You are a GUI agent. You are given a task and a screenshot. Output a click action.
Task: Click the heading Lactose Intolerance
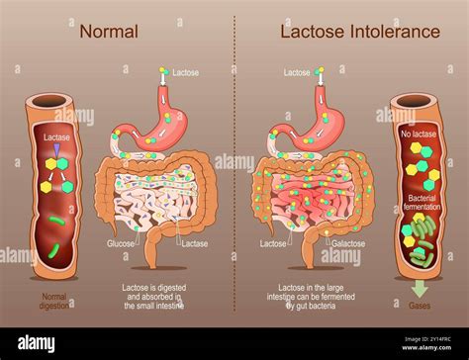(x=359, y=32)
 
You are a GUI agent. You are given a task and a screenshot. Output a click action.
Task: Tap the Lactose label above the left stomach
(x=185, y=72)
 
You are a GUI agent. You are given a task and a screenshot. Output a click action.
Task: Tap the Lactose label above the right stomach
(x=297, y=72)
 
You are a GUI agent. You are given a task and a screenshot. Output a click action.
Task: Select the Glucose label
(x=120, y=243)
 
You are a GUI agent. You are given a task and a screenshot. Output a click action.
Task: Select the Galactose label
(x=349, y=243)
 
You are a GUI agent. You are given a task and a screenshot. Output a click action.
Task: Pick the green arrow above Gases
(x=420, y=288)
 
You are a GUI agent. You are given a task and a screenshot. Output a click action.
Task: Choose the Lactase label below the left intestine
(x=195, y=243)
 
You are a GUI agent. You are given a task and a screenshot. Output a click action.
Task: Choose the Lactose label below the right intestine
(x=273, y=243)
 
